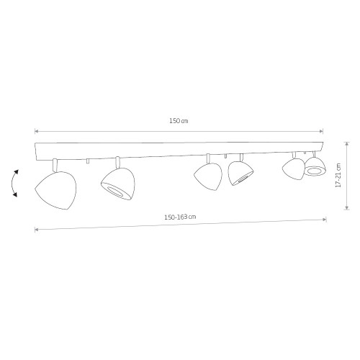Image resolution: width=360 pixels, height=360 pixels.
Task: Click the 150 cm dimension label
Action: [x=179, y=121]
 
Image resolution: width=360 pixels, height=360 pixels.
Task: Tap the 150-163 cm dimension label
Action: [x=180, y=217]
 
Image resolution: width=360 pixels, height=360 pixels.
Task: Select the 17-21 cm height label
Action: [x=338, y=175]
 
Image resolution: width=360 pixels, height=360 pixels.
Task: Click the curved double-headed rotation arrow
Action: [x=14, y=183]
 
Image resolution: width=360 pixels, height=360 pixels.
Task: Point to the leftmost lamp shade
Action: [x=55, y=190]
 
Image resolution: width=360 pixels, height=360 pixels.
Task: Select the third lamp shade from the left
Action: [x=208, y=176]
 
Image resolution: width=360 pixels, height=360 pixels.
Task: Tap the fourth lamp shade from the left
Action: [x=240, y=174]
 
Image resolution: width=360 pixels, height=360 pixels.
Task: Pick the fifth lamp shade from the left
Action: [x=294, y=169]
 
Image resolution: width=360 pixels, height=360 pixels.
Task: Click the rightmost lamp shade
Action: [x=315, y=166]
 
